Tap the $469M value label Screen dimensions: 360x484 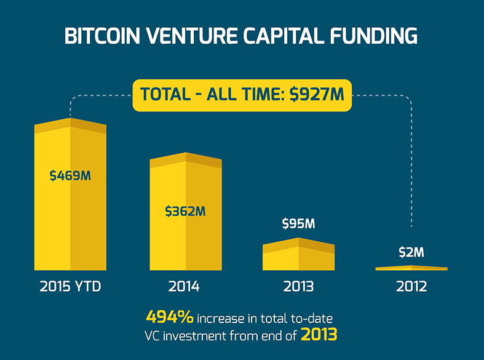[70, 176]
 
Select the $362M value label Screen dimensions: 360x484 [185, 211]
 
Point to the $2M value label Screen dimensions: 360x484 [411, 252]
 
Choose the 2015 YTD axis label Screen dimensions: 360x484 [69, 287]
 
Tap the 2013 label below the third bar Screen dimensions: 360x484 [298, 287]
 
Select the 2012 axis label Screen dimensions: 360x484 [411, 287]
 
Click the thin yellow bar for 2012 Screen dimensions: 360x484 [411, 268]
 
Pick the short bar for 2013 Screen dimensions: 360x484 [298, 255]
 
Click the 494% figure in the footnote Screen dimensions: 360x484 [170, 318]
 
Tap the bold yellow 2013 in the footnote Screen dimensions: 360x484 [319, 335]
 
